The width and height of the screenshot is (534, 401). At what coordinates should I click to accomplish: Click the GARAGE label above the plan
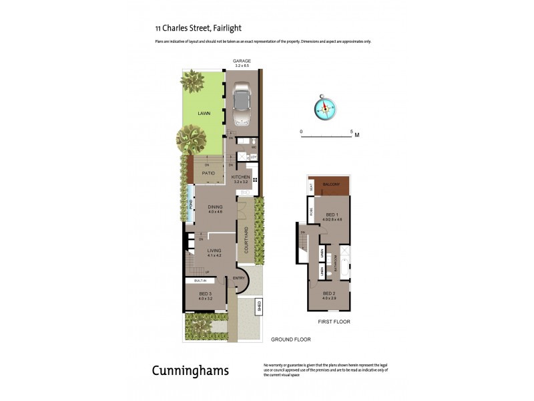[242, 61]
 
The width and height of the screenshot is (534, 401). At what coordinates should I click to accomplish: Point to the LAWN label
[204, 114]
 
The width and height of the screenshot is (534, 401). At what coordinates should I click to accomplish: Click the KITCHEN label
[240, 177]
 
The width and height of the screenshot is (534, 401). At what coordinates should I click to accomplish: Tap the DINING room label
[215, 207]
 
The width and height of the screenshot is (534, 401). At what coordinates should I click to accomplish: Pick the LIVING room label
[215, 252]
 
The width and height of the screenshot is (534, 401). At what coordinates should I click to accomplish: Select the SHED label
[258, 307]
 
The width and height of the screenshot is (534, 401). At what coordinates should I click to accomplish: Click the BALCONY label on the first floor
[332, 184]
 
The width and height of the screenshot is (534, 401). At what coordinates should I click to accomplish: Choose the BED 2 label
[329, 293]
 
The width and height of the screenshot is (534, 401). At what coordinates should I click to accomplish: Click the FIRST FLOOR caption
[334, 321]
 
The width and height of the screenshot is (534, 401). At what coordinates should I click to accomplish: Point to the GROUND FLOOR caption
[290, 340]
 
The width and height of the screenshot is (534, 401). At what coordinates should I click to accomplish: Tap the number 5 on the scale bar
[351, 132]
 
